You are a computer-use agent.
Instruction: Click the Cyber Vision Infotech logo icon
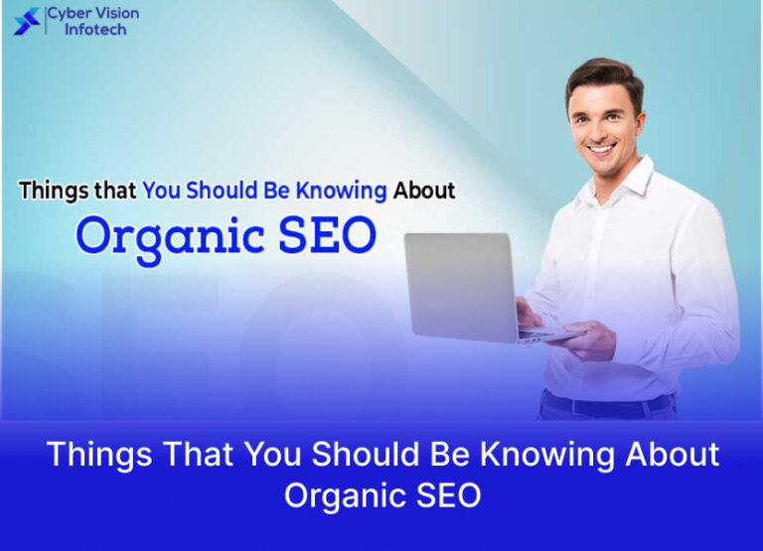(28, 21)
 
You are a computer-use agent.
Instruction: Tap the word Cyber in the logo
(70, 14)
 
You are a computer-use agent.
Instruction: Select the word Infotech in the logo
(95, 30)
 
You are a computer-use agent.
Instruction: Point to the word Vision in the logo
(117, 14)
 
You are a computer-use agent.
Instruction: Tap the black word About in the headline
(423, 190)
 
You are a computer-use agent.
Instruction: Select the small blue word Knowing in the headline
(339, 191)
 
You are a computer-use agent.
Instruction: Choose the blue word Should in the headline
(222, 191)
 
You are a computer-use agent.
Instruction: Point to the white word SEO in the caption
(445, 494)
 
